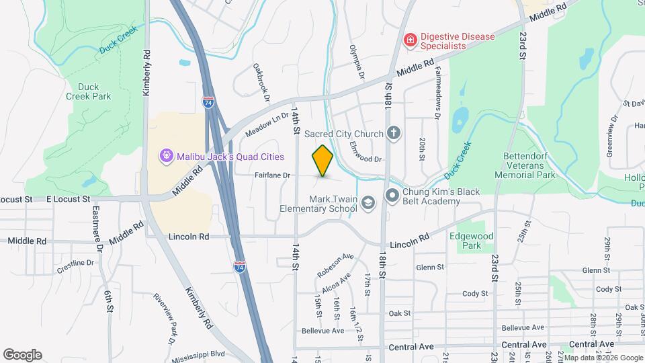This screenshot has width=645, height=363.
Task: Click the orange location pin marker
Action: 322,161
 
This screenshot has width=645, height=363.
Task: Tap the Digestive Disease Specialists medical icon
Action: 409,42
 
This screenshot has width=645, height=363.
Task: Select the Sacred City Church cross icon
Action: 394,134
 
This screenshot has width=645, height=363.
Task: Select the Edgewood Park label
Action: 476,241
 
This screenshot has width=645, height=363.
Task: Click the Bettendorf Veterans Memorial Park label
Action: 525,165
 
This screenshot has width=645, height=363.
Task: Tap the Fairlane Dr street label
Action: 272,175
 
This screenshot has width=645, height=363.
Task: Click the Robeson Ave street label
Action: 335,265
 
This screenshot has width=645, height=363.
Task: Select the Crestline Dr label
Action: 75,263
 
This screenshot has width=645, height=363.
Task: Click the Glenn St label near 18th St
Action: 430,267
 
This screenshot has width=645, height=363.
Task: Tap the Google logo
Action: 22,355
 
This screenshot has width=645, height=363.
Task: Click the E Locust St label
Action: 68,199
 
